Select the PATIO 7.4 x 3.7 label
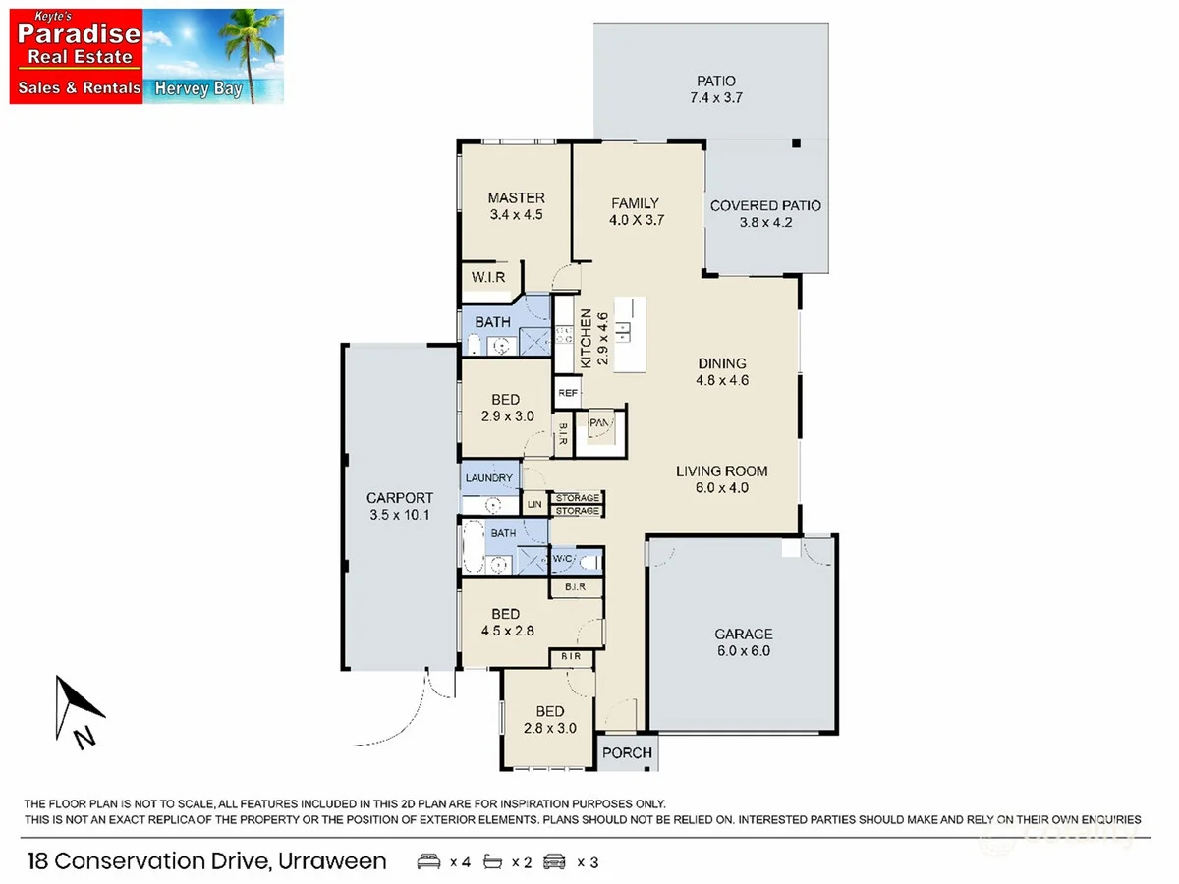[715, 89]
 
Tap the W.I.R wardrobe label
[487, 278]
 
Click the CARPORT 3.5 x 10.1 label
[399, 507]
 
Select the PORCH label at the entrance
[627, 753]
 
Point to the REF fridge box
[568, 393]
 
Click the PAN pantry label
[600, 424]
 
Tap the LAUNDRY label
[489, 478]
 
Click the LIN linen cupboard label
[534, 504]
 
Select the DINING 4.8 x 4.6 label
[722, 371]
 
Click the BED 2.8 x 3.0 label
[549, 720]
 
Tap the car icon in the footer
[555, 862]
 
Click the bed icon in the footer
[428, 862]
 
